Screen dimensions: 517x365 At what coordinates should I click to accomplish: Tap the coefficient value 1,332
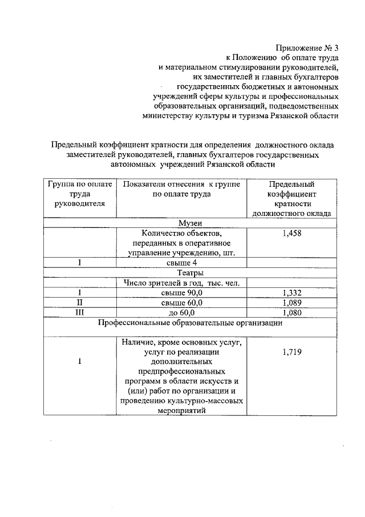tap(291, 292)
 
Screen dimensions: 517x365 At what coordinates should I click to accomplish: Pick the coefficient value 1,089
tap(291, 302)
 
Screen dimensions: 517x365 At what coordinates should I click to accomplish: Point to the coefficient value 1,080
tap(291, 312)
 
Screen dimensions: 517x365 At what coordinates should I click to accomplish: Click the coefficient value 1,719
tap(291, 352)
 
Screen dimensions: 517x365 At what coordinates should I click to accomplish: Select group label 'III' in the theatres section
tap(80, 312)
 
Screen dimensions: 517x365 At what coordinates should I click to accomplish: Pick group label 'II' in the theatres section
tap(80, 302)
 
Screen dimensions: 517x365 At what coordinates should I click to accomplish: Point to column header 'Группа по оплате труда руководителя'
tap(80, 194)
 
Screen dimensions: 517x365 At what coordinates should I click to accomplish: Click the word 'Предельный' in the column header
tap(291, 184)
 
